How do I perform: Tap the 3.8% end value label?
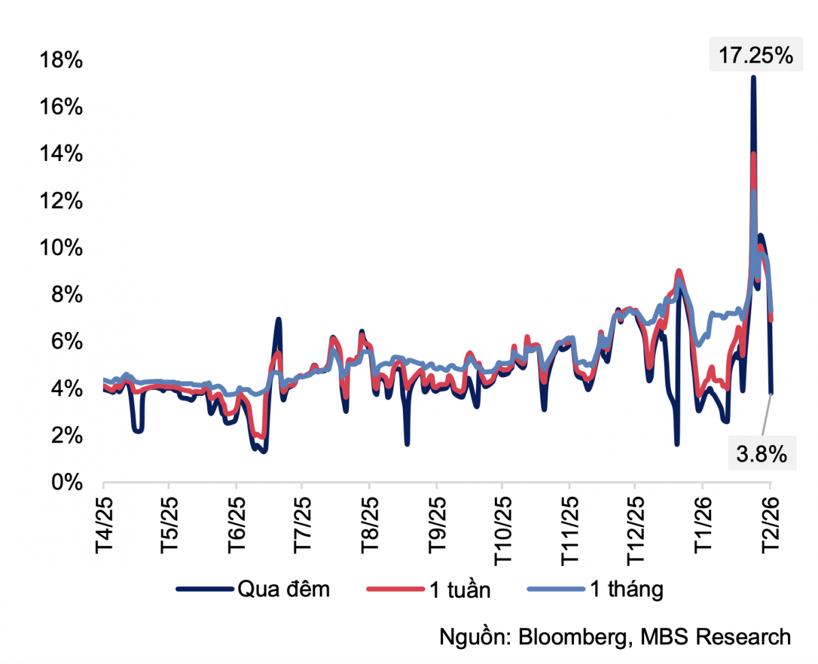pos(762,453)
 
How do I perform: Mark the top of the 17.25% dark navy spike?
pos(753,77)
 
